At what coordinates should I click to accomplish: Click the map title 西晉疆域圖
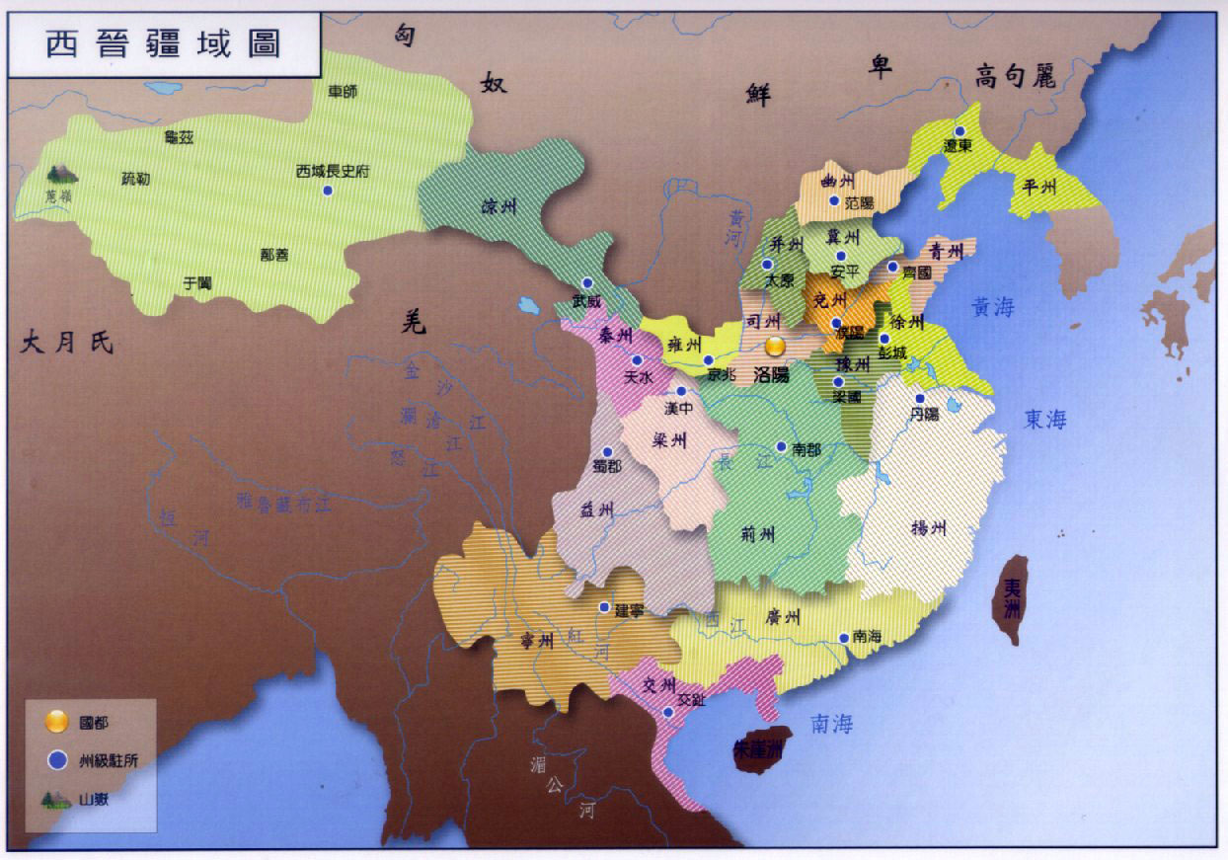tap(164, 44)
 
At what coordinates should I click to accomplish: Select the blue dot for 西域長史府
tap(327, 190)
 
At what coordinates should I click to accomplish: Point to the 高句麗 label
tap(1016, 76)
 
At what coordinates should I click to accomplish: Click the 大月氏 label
tap(68, 344)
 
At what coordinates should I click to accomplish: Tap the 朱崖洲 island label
tap(758, 749)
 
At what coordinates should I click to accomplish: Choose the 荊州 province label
tap(757, 534)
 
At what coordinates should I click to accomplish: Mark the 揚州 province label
tap(928, 527)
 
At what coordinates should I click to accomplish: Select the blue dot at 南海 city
tap(843, 638)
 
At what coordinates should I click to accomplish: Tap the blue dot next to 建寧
tap(604, 607)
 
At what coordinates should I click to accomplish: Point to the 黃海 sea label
tap(992, 308)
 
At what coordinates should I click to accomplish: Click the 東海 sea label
tap(1045, 420)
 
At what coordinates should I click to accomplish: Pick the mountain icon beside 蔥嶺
tap(62, 174)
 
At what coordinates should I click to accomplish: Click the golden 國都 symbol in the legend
tap(57, 722)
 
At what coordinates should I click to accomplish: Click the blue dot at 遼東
tap(959, 131)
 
